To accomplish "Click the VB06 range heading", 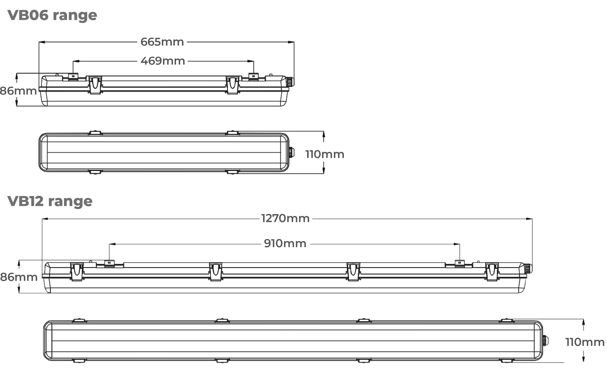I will tap(52, 15).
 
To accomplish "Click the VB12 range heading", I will tap(50, 201).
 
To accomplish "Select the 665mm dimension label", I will tap(162, 42).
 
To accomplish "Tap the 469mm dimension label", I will tap(163, 61).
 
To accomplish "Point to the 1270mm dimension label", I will tap(285, 219).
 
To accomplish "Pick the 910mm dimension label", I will tap(285, 244).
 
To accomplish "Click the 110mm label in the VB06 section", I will tap(324, 154).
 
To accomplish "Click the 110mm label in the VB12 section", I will tap(585, 342).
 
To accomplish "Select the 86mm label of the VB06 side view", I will tap(18, 91).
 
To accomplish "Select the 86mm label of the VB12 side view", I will tap(19, 277).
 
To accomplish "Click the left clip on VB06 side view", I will tap(95, 85).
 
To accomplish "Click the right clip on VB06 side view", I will tap(232, 85).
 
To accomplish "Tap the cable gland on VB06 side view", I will tap(291, 81).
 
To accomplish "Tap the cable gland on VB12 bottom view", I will tap(545, 341).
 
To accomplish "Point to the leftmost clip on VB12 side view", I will tap(77, 271).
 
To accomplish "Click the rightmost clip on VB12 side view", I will tap(492, 271).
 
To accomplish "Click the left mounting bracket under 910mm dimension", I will tap(109, 263).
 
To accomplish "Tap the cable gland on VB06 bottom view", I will tap(291, 152).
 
